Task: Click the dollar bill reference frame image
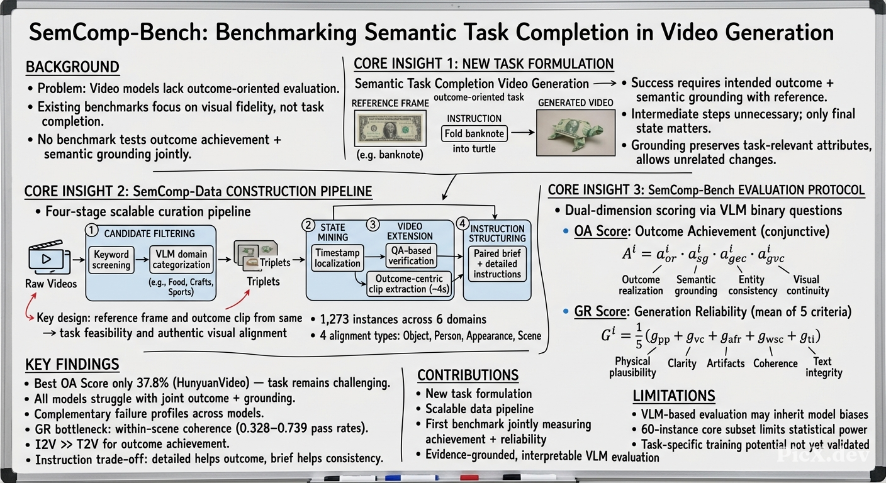tap(390, 128)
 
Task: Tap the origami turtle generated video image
tap(576, 133)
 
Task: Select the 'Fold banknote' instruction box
tap(474, 133)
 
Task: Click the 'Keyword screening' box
tap(111, 260)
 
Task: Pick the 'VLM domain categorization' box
tap(182, 259)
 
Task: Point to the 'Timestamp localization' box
tap(337, 258)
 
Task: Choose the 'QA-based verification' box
tap(411, 255)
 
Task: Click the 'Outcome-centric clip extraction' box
tap(409, 284)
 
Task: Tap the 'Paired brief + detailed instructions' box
tap(497, 264)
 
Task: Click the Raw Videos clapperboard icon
tap(49, 257)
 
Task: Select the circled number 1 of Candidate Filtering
tap(92, 230)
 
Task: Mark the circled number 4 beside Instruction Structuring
tap(463, 224)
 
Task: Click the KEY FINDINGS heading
tap(72, 364)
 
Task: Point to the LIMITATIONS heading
tap(673, 396)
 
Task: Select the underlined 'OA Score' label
tap(600, 231)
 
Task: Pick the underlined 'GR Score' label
tap(600, 311)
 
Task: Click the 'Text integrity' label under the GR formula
tap(824, 367)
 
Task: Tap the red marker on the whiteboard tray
tap(469, 478)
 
